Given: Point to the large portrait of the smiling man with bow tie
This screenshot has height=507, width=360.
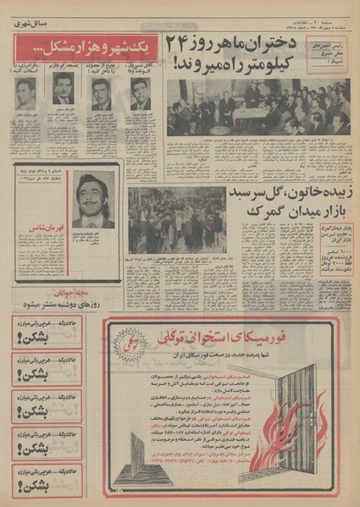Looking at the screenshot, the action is point(92,200).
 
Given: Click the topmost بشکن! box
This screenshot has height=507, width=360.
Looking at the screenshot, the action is point(47,328).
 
